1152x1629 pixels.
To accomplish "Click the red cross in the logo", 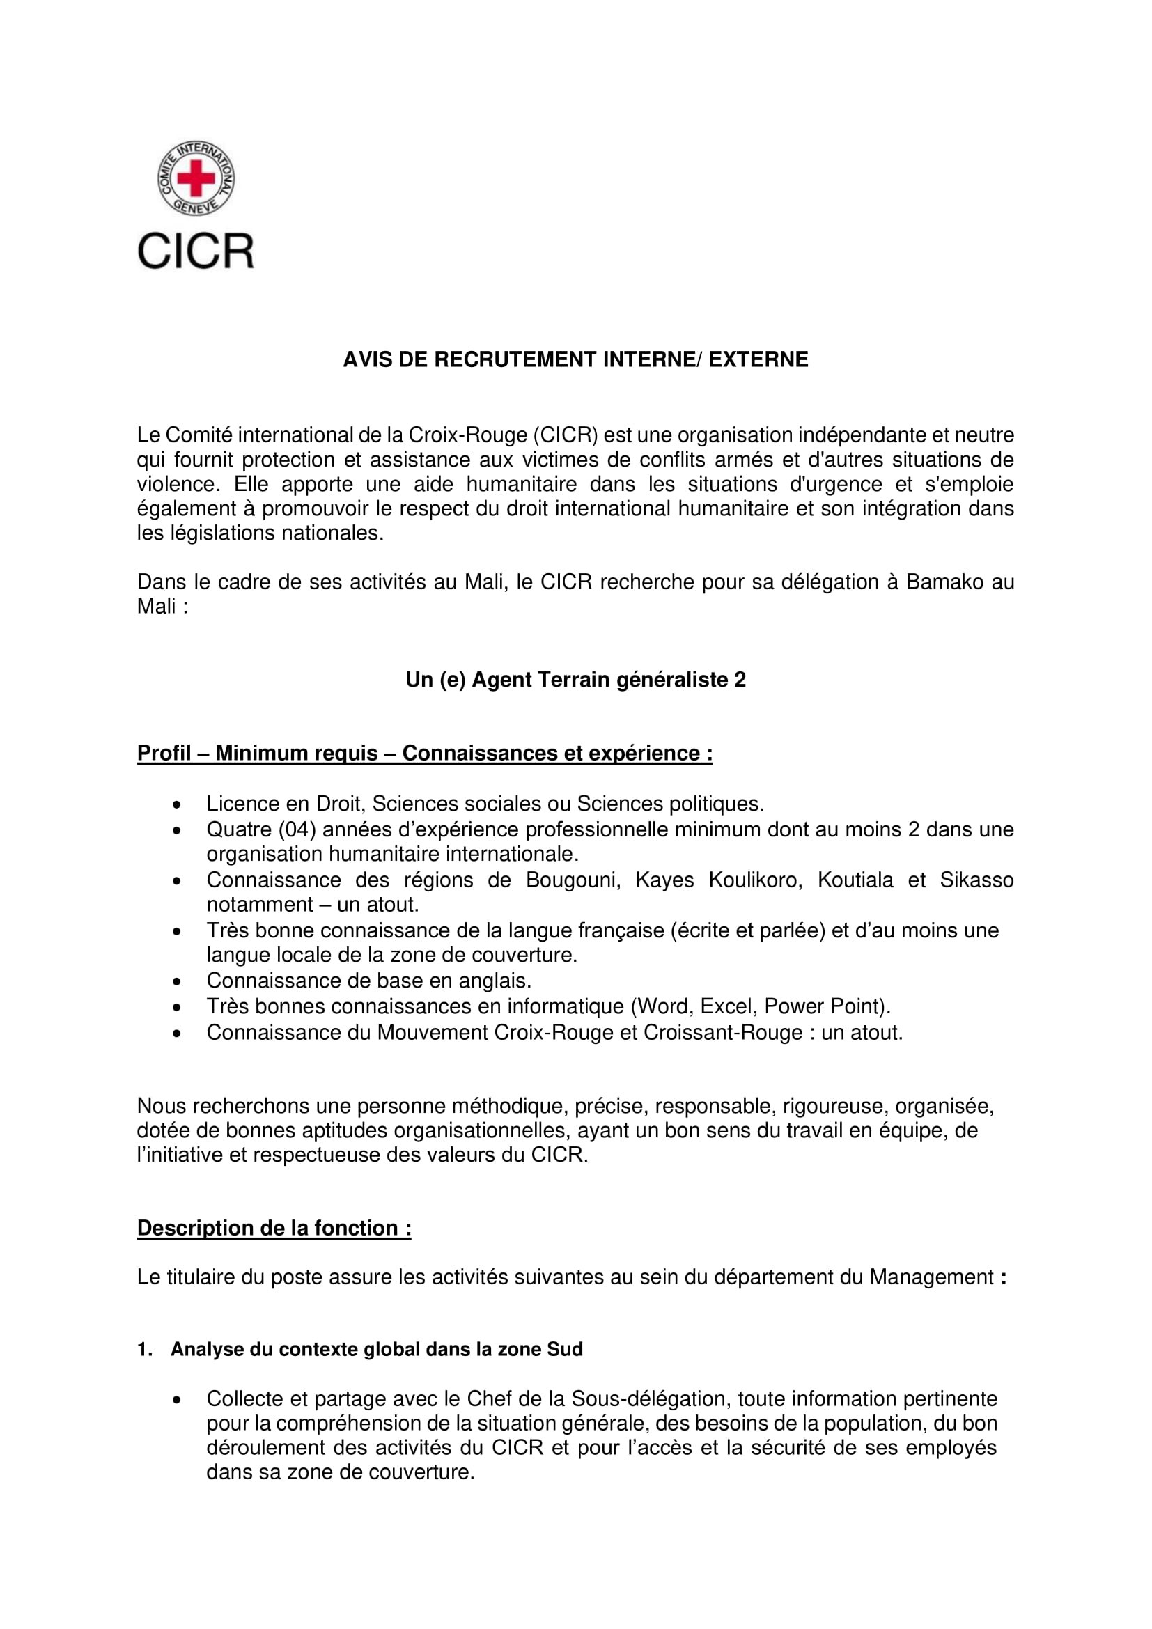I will point(195,178).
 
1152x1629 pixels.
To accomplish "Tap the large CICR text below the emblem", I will point(195,251).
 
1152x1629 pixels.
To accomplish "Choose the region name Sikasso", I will point(976,880).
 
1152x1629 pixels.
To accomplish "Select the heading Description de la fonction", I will point(274,1228).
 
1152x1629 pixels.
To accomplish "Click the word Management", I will point(931,1277).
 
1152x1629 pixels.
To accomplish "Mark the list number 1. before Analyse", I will point(145,1350).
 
